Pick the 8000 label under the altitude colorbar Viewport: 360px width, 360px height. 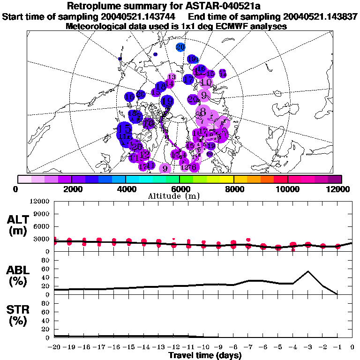(233, 189)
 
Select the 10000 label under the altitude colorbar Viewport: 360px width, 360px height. (287, 189)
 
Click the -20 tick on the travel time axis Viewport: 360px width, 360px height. (54, 347)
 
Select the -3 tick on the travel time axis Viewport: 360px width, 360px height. (308, 347)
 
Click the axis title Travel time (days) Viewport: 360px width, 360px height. (205, 356)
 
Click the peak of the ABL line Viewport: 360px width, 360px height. (308, 271)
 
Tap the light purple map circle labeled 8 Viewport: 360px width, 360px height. (203, 112)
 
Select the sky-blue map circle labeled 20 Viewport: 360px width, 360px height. (181, 47)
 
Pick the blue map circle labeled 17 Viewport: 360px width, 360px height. (188, 79)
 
